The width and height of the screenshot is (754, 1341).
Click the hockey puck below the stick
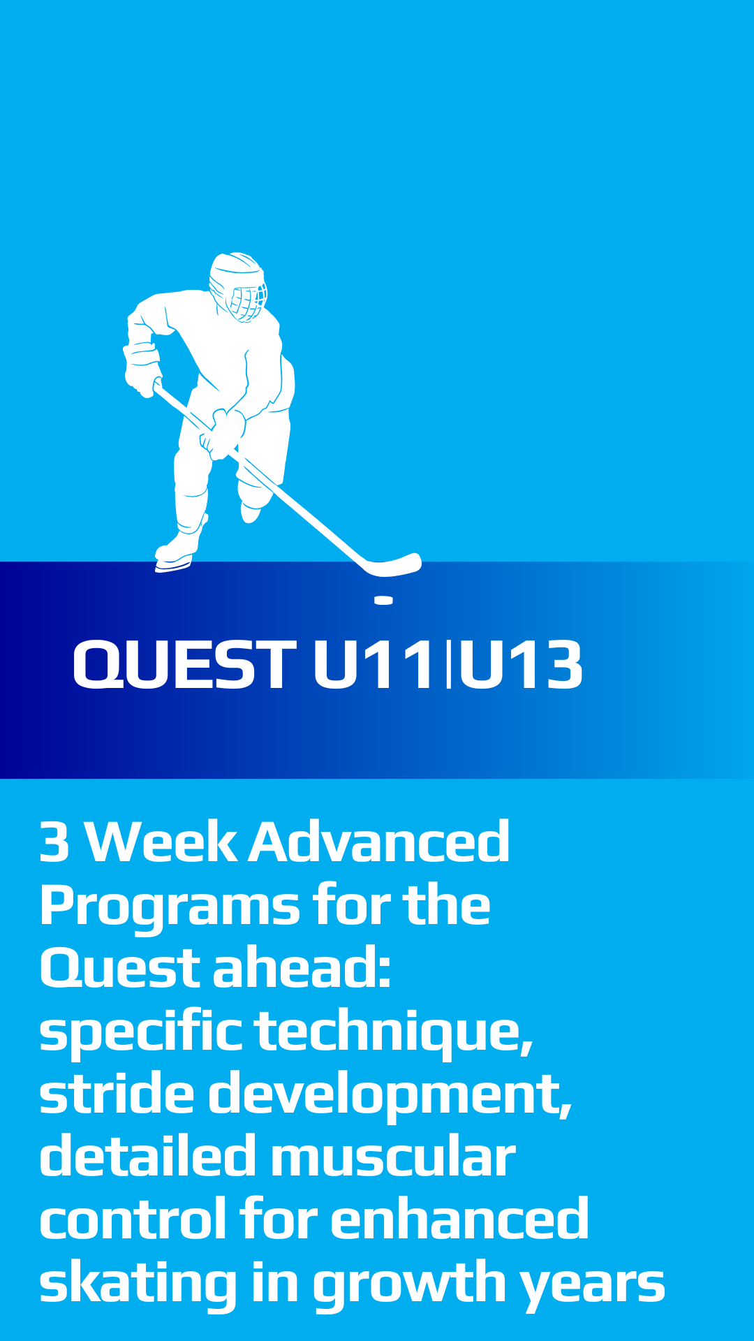[383, 600]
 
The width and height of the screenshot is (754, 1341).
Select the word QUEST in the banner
[184, 665]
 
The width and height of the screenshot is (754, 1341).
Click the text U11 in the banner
[374, 665]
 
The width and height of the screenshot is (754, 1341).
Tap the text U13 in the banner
[520, 665]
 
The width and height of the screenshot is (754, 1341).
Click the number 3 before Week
[54, 842]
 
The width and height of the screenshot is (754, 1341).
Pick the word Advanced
[379, 842]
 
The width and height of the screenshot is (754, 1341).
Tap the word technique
[394, 1031]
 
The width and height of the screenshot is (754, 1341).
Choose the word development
[390, 1095]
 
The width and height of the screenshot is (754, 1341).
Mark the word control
[133, 1219]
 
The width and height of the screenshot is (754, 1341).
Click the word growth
[409, 1284]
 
